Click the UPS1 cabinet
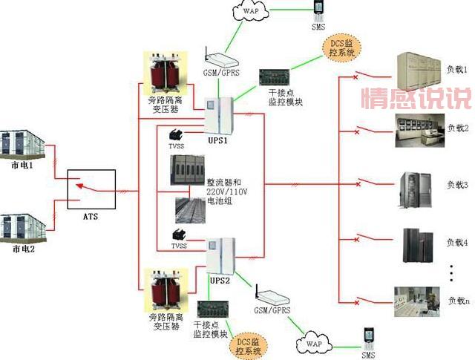point(220,118)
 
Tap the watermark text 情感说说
point(415,97)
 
